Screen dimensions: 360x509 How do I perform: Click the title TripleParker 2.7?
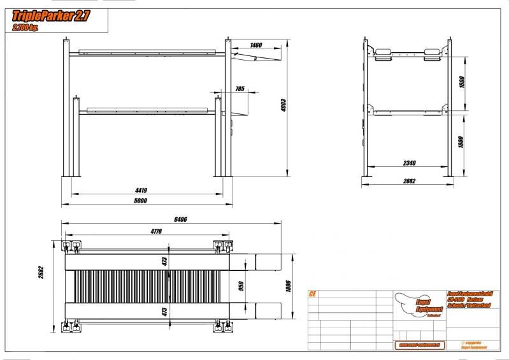tap(51, 17)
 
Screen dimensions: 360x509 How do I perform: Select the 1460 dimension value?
tap(256, 45)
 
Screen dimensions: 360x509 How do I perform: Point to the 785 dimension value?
tap(240, 89)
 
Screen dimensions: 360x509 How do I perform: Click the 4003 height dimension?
tap(284, 106)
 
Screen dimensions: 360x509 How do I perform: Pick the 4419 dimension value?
tap(141, 189)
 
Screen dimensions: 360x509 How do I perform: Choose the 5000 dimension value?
tap(140, 201)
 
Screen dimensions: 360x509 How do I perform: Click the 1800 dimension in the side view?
tap(461, 141)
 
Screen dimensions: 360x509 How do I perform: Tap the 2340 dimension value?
tap(409, 164)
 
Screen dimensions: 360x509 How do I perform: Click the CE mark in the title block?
tap(312, 294)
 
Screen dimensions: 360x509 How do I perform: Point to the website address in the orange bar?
tap(420, 345)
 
